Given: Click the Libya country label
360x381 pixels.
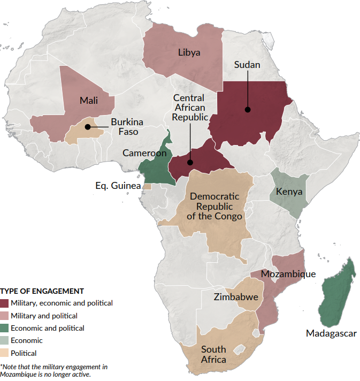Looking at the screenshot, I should tap(189, 52).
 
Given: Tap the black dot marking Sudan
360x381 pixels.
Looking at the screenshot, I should tap(248, 110).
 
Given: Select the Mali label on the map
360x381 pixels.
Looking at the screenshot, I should tap(88, 101).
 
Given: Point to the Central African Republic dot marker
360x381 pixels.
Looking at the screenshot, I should tap(190, 162).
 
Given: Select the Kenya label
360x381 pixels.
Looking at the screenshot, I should tap(289, 192).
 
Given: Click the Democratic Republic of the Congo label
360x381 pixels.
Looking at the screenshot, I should tap(215, 206).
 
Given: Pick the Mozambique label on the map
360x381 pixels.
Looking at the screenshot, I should tap(288, 274).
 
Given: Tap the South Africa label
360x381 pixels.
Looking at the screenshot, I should tap(213, 354).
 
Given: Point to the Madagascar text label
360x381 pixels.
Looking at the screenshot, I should tap(331, 333).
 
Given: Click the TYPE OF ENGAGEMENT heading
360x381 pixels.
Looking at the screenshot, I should tap(42, 291).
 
